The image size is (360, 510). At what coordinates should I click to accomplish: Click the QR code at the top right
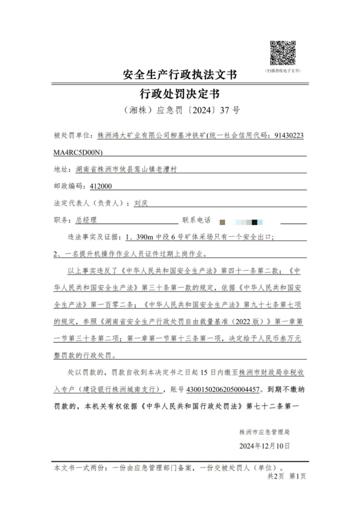point(283,53)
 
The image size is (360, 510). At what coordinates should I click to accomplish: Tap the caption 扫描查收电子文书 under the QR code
point(283,71)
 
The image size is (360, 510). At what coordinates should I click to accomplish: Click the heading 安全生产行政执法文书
point(180,75)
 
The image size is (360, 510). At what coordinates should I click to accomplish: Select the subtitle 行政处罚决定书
point(180,94)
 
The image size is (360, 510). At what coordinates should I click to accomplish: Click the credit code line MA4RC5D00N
point(78,153)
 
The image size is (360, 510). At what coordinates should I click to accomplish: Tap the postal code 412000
point(101,186)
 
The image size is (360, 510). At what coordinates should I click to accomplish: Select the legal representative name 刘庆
point(141,203)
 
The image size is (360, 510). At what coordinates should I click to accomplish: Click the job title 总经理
point(86,220)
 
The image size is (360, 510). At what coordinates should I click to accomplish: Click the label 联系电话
point(197,220)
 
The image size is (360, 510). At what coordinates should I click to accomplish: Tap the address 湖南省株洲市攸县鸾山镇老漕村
point(126,170)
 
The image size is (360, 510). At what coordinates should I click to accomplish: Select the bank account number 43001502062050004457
point(223,389)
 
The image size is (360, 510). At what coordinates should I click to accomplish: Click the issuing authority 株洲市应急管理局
point(264,432)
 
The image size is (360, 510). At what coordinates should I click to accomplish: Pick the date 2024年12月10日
point(264,446)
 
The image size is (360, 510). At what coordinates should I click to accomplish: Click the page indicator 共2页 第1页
point(287,476)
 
